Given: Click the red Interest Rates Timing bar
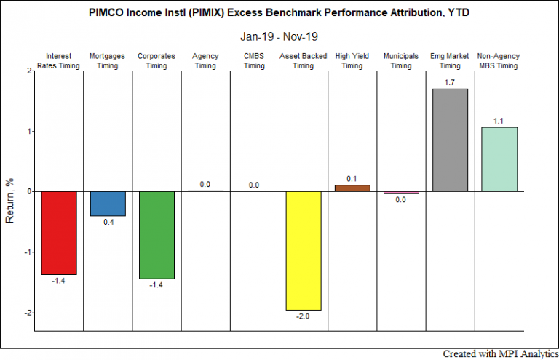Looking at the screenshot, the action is tap(59, 233).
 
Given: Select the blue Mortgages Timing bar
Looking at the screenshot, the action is tap(108, 204).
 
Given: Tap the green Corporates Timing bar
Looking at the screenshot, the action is tap(156, 235).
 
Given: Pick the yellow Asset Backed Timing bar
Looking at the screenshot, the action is tap(304, 251).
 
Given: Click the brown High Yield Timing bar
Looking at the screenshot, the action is tap(352, 188).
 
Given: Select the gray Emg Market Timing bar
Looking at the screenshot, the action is tap(450, 140).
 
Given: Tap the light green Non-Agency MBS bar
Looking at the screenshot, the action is tap(499, 159).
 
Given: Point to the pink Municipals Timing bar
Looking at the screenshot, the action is tap(401, 193).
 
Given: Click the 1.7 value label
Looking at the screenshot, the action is tap(450, 83).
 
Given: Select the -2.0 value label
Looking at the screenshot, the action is tap(303, 316).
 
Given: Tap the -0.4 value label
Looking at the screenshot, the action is tap(107, 223).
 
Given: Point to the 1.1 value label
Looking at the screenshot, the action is tap(499, 121).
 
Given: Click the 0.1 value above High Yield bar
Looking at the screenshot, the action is tap(352, 179).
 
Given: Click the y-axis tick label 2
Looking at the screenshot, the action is tap(29, 71).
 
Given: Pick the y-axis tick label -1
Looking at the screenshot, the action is tap(28, 252).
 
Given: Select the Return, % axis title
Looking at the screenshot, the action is tap(9, 201).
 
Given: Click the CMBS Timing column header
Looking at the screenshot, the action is tap(254, 61).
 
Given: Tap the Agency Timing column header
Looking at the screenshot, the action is tap(205, 61).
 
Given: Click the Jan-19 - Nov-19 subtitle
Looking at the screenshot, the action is tap(279, 36).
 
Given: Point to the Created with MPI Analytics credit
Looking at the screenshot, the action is tap(501, 354).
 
